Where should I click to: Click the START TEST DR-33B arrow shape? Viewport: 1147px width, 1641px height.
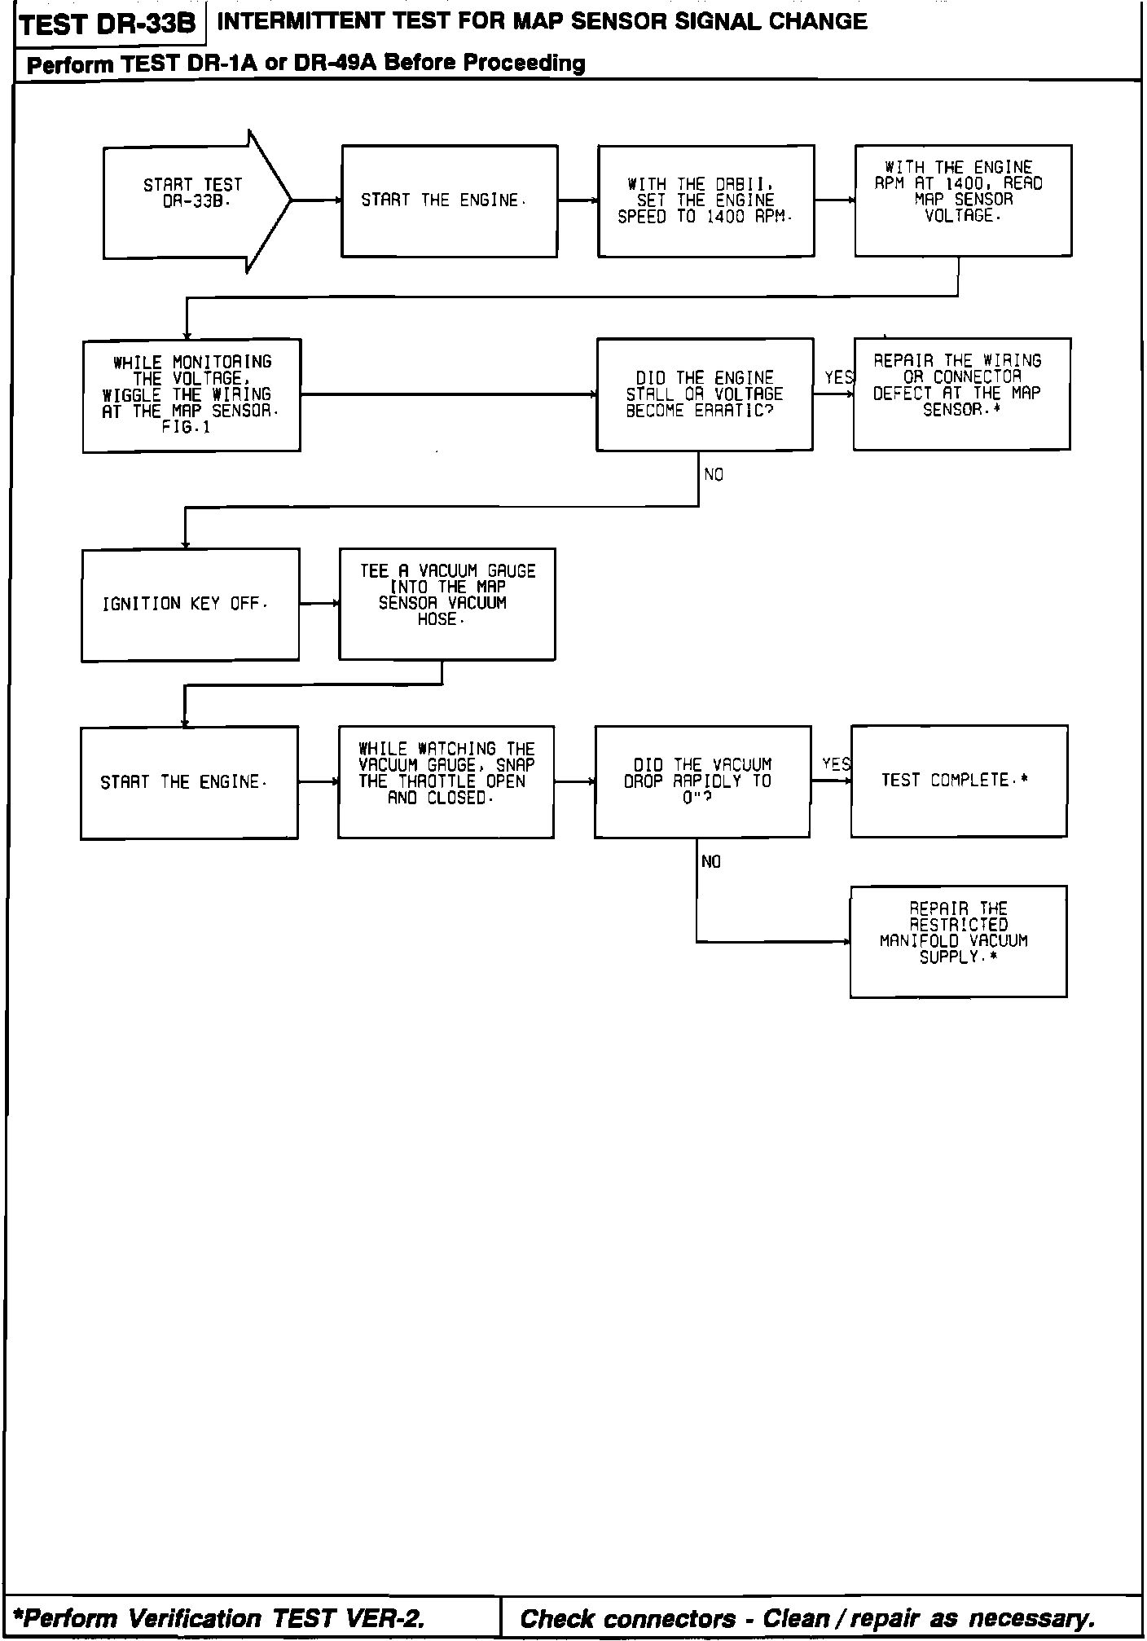[x=194, y=200]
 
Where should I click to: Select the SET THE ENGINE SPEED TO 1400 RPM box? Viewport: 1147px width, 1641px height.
[x=705, y=201]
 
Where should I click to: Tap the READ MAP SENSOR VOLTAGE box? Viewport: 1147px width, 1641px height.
[x=963, y=200]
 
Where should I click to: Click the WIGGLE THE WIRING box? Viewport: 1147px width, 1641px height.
[x=191, y=395]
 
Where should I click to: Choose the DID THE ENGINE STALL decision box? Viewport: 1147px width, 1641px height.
[x=705, y=394]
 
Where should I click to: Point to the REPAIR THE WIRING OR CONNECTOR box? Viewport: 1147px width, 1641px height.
[x=961, y=394]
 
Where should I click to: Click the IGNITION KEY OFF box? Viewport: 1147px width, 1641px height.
[x=190, y=605]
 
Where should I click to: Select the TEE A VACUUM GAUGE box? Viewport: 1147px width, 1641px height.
[x=447, y=604]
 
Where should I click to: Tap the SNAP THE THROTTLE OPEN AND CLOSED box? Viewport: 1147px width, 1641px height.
[x=446, y=782]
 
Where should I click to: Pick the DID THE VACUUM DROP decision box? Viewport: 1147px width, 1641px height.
[x=702, y=782]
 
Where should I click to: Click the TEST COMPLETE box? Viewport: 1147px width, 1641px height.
[x=959, y=781]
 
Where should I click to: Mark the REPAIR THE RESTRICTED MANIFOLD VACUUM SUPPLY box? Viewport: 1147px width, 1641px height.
[x=958, y=942]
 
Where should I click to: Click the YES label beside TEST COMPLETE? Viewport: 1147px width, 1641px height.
[x=836, y=764]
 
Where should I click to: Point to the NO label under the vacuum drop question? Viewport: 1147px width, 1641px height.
[x=711, y=862]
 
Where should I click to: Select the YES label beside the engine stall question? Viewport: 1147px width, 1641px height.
[x=838, y=378]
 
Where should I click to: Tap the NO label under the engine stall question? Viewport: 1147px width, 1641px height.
[x=714, y=475]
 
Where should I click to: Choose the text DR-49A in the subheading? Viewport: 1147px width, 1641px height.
[x=334, y=64]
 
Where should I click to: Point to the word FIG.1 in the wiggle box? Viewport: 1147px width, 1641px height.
[x=186, y=428]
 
